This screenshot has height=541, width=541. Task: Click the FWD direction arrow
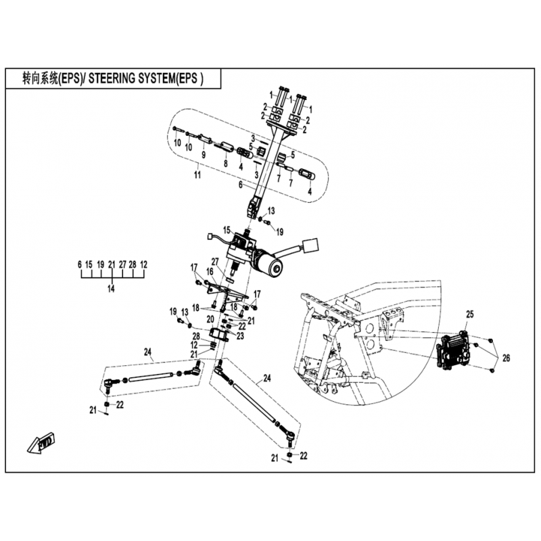point(41,443)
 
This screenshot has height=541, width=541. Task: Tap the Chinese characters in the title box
point(40,78)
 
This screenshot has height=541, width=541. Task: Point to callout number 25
point(470,314)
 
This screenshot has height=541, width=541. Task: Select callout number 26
point(506,358)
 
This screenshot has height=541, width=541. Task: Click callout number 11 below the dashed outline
point(197,175)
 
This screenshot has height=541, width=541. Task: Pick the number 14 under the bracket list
point(111,289)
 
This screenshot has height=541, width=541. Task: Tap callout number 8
point(226,163)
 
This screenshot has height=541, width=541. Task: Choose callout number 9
point(204,155)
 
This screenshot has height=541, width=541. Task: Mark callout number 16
point(210,273)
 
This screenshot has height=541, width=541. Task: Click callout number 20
point(210,320)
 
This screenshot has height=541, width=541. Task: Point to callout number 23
point(240,335)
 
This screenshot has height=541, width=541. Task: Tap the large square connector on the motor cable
point(311,247)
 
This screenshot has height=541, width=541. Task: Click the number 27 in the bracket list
point(122,264)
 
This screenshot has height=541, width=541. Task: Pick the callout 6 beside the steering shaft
point(241,185)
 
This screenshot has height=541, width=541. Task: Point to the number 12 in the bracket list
point(143,264)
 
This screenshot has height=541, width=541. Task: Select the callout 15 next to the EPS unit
point(227,229)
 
